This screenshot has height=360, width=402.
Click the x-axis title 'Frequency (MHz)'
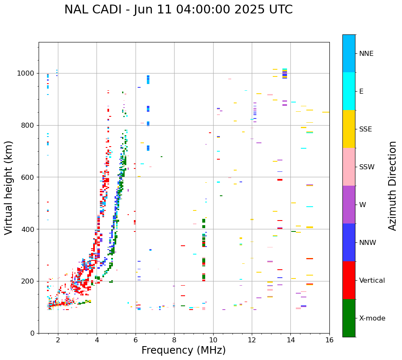coord(183,350)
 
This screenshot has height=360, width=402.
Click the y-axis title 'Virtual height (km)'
coord(9,187)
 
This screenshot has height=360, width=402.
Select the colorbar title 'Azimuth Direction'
coord(392,186)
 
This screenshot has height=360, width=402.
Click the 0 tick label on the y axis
coord(32,333)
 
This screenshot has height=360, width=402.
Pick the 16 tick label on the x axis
coord(329,340)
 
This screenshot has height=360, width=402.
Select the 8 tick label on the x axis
coord(174,340)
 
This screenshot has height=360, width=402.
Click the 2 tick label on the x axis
coord(58,340)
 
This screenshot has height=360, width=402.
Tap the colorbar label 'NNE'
coord(366,54)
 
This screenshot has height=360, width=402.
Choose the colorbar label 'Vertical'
coord(372,281)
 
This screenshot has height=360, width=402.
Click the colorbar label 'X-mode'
coord(372,318)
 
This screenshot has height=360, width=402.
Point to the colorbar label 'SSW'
coord(367,167)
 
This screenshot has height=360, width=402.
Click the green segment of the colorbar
coord(349,318)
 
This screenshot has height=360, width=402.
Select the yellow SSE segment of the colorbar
coord(349,129)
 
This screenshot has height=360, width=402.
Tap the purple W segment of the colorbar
coord(349,205)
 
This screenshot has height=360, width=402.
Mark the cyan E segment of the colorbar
coord(349,91)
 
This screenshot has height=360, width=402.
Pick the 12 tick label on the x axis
coord(252,340)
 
